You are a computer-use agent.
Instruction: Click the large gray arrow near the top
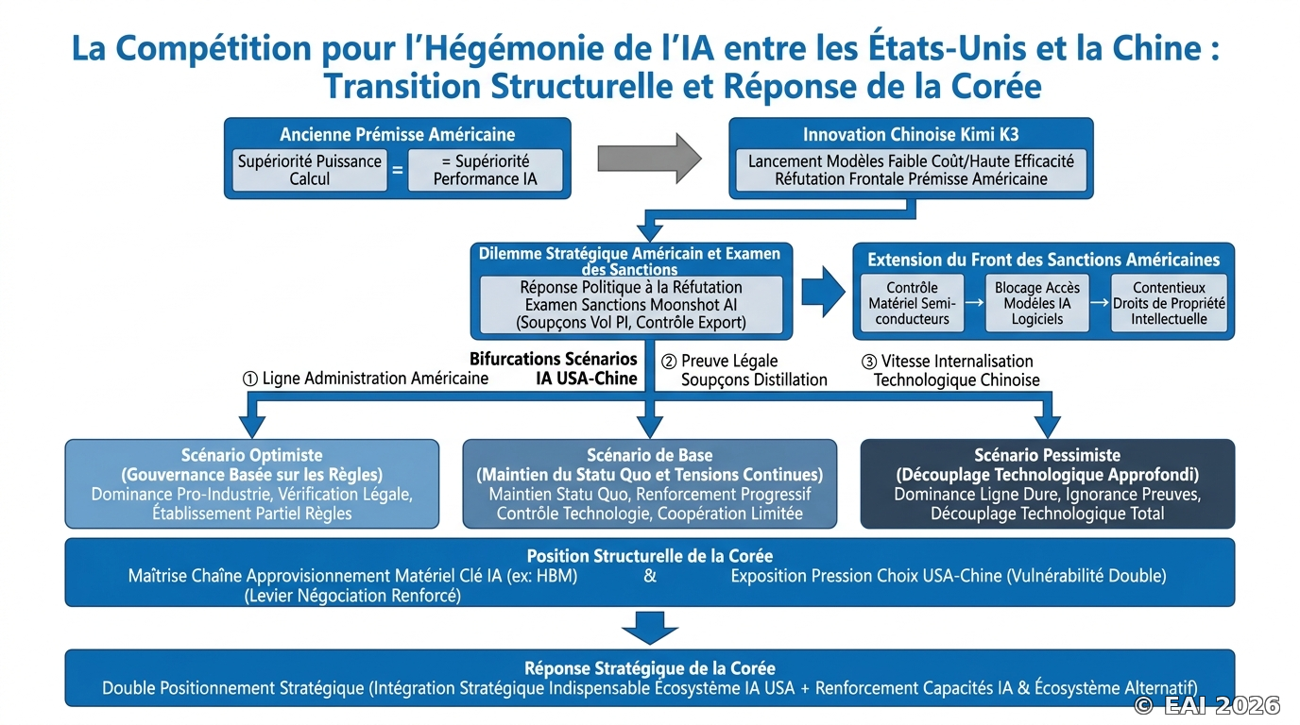[649, 159]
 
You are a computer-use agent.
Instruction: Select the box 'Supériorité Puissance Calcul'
[309, 170]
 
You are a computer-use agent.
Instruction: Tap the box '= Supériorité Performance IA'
[486, 170]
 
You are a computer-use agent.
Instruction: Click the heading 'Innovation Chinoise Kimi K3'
[911, 135]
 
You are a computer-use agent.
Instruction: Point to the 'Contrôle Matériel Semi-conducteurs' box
[912, 303]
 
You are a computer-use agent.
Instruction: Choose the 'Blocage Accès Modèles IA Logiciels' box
[1037, 303]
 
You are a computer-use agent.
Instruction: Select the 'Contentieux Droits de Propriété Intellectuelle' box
[1169, 303]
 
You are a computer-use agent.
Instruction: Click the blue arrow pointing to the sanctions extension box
[824, 292]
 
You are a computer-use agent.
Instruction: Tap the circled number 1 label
[249, 379]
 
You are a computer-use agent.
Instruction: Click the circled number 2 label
[669, 362]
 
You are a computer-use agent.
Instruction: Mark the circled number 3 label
[869, 362]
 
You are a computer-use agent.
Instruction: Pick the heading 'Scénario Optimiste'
[252, 455]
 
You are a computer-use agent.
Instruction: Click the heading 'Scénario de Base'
[649, 455]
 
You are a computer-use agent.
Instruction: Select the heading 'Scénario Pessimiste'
[1048, 455]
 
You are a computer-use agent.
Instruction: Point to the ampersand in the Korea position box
[650, 576]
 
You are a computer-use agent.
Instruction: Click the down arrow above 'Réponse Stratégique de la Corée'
[649, 628]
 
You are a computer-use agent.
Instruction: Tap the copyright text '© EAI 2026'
[1206, 705]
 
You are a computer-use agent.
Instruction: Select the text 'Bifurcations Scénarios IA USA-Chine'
[555, 369]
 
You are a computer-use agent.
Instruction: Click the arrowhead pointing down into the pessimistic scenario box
[1048, 427]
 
